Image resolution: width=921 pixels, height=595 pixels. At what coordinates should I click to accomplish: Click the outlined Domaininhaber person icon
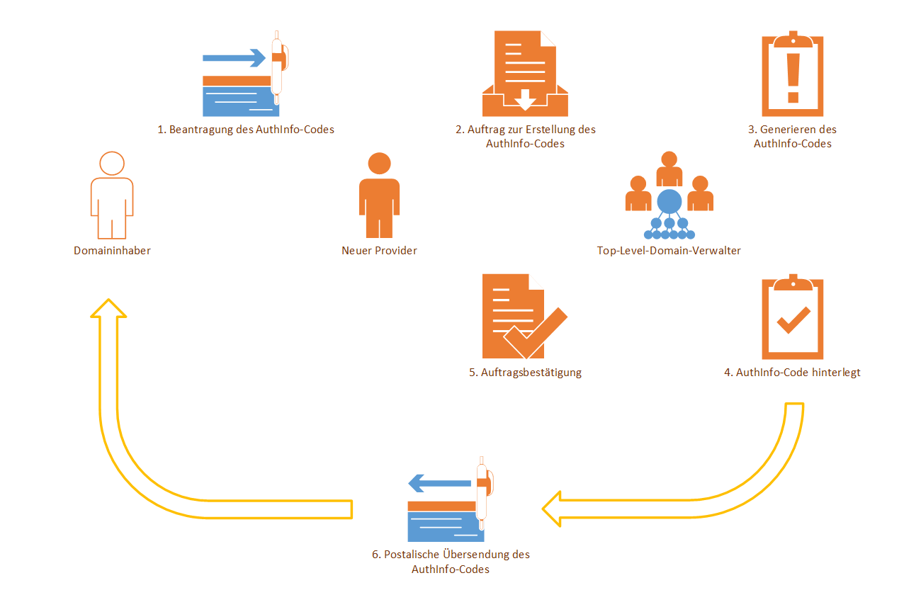pos(112,195)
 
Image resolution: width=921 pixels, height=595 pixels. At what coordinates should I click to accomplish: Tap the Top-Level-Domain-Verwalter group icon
pos(669,195)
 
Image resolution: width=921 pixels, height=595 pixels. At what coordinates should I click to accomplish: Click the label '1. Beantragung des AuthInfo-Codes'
pos(246,130)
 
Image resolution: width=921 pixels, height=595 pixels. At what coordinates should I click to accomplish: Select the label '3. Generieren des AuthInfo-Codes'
pos(792,137)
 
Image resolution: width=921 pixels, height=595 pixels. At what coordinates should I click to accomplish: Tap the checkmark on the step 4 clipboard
pos(793,319)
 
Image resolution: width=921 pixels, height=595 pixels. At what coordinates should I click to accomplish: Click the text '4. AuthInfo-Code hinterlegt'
pos(792,373)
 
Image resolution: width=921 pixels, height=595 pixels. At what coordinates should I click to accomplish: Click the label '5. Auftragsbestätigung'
pos(525,373)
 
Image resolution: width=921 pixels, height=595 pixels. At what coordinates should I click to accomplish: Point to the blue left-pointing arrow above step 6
pos(439,484)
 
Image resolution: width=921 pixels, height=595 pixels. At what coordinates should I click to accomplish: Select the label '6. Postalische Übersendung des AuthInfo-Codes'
pos(451,562)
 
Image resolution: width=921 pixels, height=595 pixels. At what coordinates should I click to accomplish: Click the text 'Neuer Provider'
pos(379,251)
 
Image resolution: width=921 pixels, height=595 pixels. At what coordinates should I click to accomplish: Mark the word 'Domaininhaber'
pos(112,251)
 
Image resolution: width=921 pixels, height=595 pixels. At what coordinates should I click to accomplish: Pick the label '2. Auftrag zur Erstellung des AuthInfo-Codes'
pos(525,137)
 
